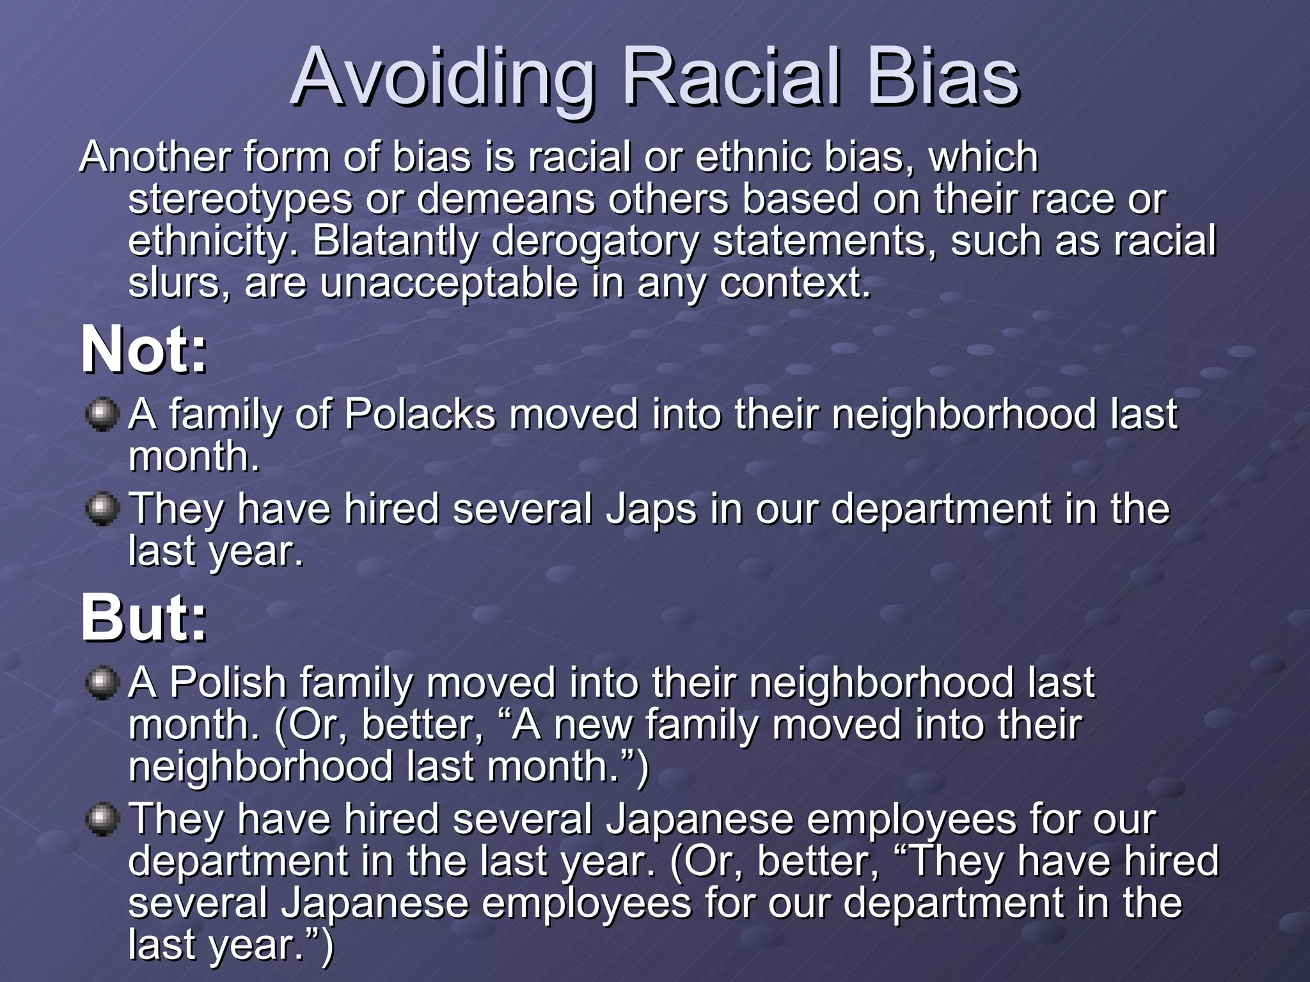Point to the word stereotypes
pyautogui.click(x=241, y=200)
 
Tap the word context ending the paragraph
pyautogui.click(x=795, y=283)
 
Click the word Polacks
pyautogui.click(x=420, y=414)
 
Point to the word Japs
pyautogui.click(x=651, y=510)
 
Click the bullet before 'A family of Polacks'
pyautogui.click(x=102, y=415)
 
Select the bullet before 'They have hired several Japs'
pyautogui.click(x=102, y=510)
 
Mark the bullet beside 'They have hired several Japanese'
pyautogui.click(x=102, y=819)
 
